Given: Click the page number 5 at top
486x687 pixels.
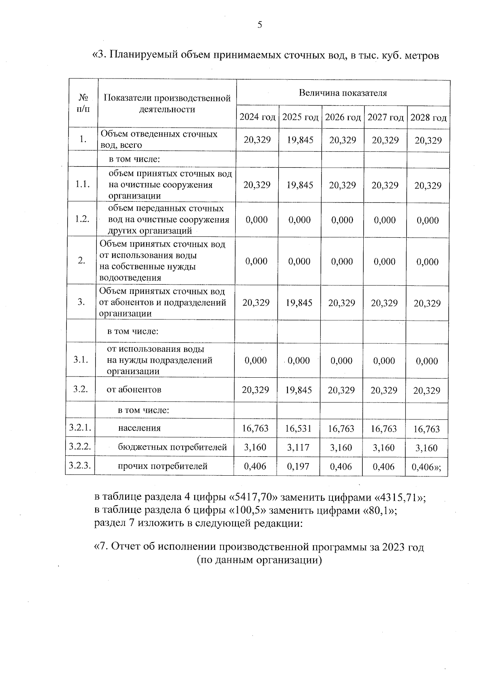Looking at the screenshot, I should (x=260, y=25).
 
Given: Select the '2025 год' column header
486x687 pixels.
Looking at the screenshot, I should (x=300, y=117).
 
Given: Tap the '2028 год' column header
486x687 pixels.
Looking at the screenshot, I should (x=428, y=118).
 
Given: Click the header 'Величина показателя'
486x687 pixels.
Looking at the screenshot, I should (x=343, y=93).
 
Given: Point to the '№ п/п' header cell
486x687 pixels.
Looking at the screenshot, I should (x=83, y=103).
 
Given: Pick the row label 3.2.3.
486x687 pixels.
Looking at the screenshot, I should (x=80, y=466).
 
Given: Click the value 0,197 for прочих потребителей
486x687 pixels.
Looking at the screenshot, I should (x=298, y=466).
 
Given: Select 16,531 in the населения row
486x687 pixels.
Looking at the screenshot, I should (x=298, y=428).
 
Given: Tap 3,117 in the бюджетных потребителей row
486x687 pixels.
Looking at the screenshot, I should (x=298, y=447).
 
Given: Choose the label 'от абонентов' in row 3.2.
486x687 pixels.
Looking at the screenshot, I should (x=134, y=389).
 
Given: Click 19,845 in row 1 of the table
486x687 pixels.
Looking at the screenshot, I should (x=300, y=140).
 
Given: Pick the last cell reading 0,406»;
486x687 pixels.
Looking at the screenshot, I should (x=426, y=467).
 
